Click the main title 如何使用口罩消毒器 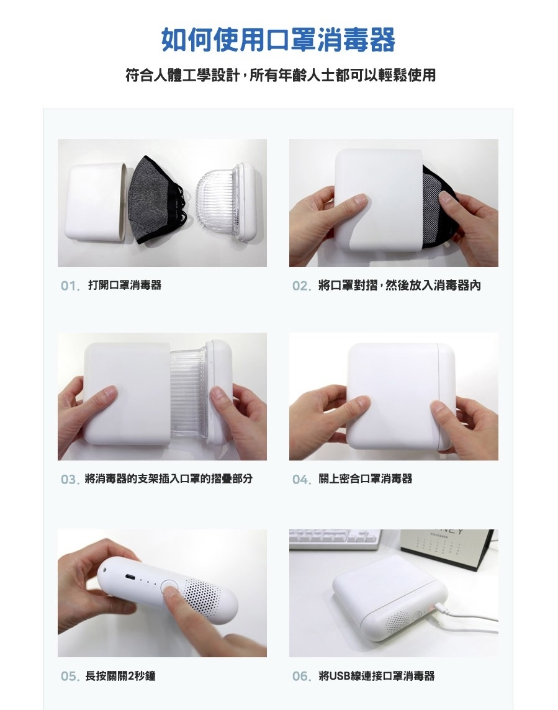[278, 40]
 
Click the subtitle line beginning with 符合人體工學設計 [281, 75]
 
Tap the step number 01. [70, 285]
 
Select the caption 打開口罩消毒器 [125, 285]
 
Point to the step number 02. [302, 285]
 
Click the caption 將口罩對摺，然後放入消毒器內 [400, 285]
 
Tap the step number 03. [70, 479]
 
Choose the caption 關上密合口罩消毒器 [366, 479]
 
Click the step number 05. [70, 676]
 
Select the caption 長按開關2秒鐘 [120, 676]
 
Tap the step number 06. [302, 676]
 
